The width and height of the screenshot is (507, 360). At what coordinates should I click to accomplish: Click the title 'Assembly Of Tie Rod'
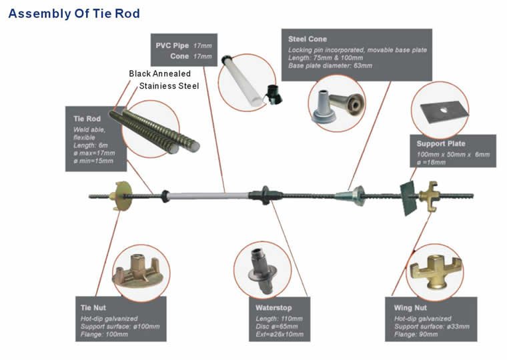(x=74, y=13)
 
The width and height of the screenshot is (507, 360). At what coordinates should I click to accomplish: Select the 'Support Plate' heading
(x=441, y=143)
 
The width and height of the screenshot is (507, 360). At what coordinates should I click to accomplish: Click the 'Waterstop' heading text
(x=272, y=308)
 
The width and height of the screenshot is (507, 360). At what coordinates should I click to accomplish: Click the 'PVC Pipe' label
(x=173, y=45)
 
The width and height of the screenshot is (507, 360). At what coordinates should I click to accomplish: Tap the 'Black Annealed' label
(x=159, y=73)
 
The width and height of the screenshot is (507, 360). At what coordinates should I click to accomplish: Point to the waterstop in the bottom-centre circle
(x=262, y=268)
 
